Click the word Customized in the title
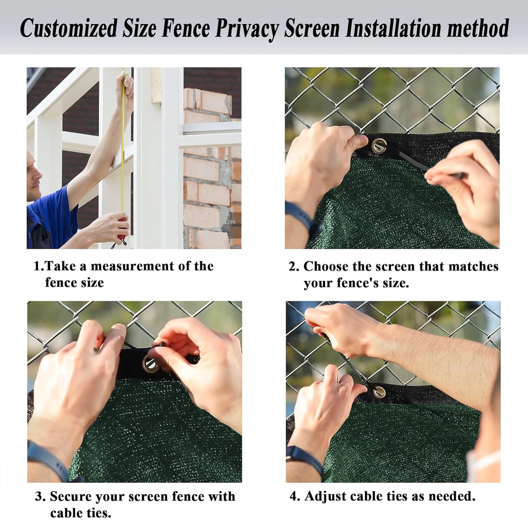(68, 28)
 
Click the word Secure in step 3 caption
(71, 496)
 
